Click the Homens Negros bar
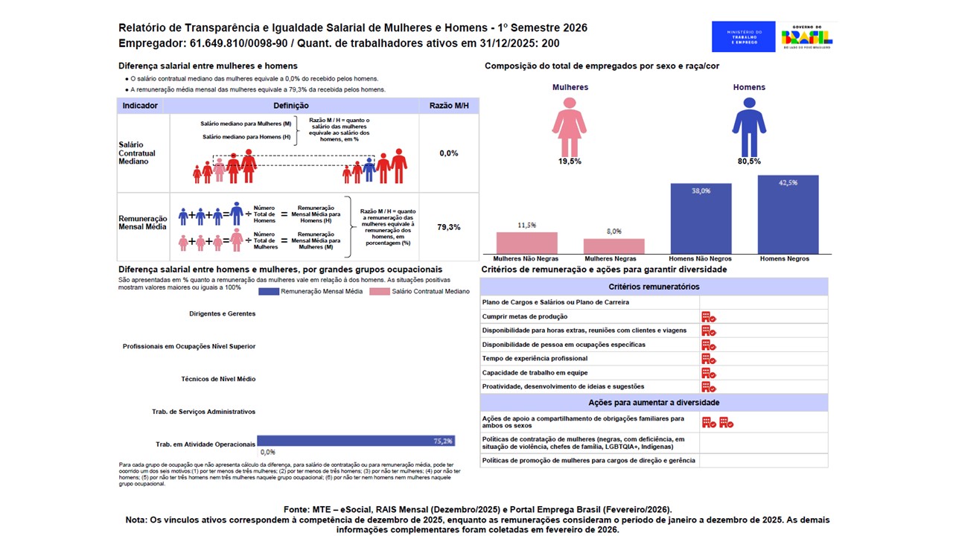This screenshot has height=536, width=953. (788, 215)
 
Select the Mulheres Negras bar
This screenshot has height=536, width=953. (613, 246)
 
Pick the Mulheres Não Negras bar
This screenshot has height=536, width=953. (526, 243)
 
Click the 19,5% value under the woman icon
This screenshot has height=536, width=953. (570, 161)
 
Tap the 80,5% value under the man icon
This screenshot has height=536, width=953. (748, 161)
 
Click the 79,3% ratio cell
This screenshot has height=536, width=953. (448, 226)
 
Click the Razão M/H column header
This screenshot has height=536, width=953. (449, 106)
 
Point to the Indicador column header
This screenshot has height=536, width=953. (140, 106)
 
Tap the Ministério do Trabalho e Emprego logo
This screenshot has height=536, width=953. (743, 36)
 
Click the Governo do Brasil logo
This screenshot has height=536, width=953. (806, 36)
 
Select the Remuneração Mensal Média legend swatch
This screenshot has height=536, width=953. (268, 291)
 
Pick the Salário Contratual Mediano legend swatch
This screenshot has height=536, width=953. (380, 291)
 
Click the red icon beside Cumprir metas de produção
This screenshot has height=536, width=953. (708, 316)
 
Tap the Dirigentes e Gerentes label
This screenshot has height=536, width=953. (223, 313)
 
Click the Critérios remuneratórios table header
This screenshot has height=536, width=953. (654, 287)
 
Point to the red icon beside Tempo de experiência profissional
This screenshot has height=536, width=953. (708, 359)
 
